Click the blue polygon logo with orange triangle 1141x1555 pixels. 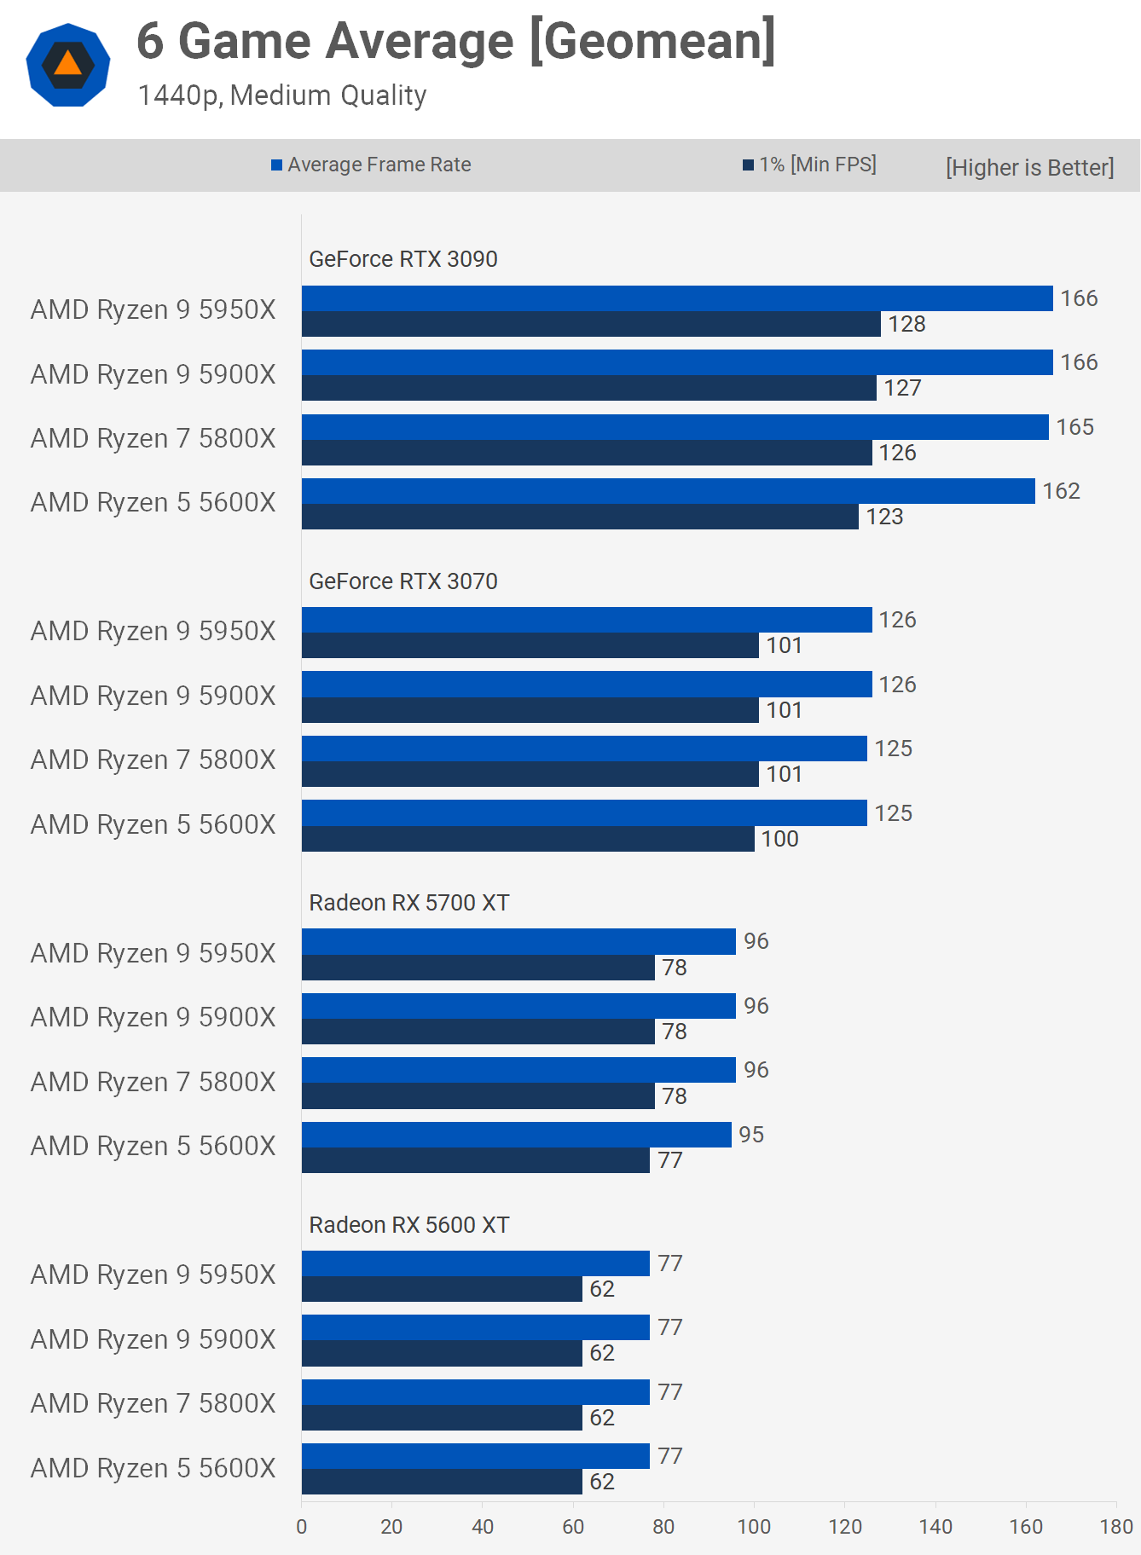pos(68,66)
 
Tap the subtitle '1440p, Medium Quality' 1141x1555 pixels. pos(282,95)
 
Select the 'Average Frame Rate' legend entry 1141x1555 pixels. pos(371,165)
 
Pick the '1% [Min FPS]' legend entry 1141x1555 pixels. pos(809,165)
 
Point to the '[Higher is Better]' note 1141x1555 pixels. pos(1029,167)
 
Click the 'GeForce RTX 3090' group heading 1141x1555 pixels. pos(403,259)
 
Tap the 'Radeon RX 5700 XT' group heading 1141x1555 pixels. pos(409,903)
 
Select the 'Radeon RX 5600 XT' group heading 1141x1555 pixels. pos(409,1225)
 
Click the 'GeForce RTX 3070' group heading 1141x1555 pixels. pos(403,581)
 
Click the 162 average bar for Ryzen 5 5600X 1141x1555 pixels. pos(668,491)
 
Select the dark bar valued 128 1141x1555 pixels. pos(591,324)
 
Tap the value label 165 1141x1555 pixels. pos(1074,427)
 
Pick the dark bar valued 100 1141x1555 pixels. pos(528,839)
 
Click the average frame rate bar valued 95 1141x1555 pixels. pos(516,1135)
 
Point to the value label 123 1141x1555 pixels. pos(884,517)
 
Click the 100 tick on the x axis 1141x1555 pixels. pos(754,1527)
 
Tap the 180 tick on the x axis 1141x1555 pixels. pos(1116,1527)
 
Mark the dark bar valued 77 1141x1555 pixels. pos(475,1160)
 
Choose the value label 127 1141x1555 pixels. pos(902,388)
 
